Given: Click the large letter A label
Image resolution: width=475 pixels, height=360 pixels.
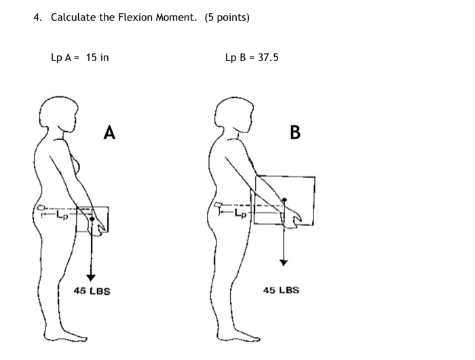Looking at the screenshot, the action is click(x=109, y=133).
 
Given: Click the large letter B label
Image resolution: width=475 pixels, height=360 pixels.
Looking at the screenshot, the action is click(x=294, y=132).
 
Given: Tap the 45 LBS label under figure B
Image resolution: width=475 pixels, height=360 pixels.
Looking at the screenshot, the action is click(x=280, y=290).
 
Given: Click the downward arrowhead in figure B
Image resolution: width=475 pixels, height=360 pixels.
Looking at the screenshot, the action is click(x=284, y=262).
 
